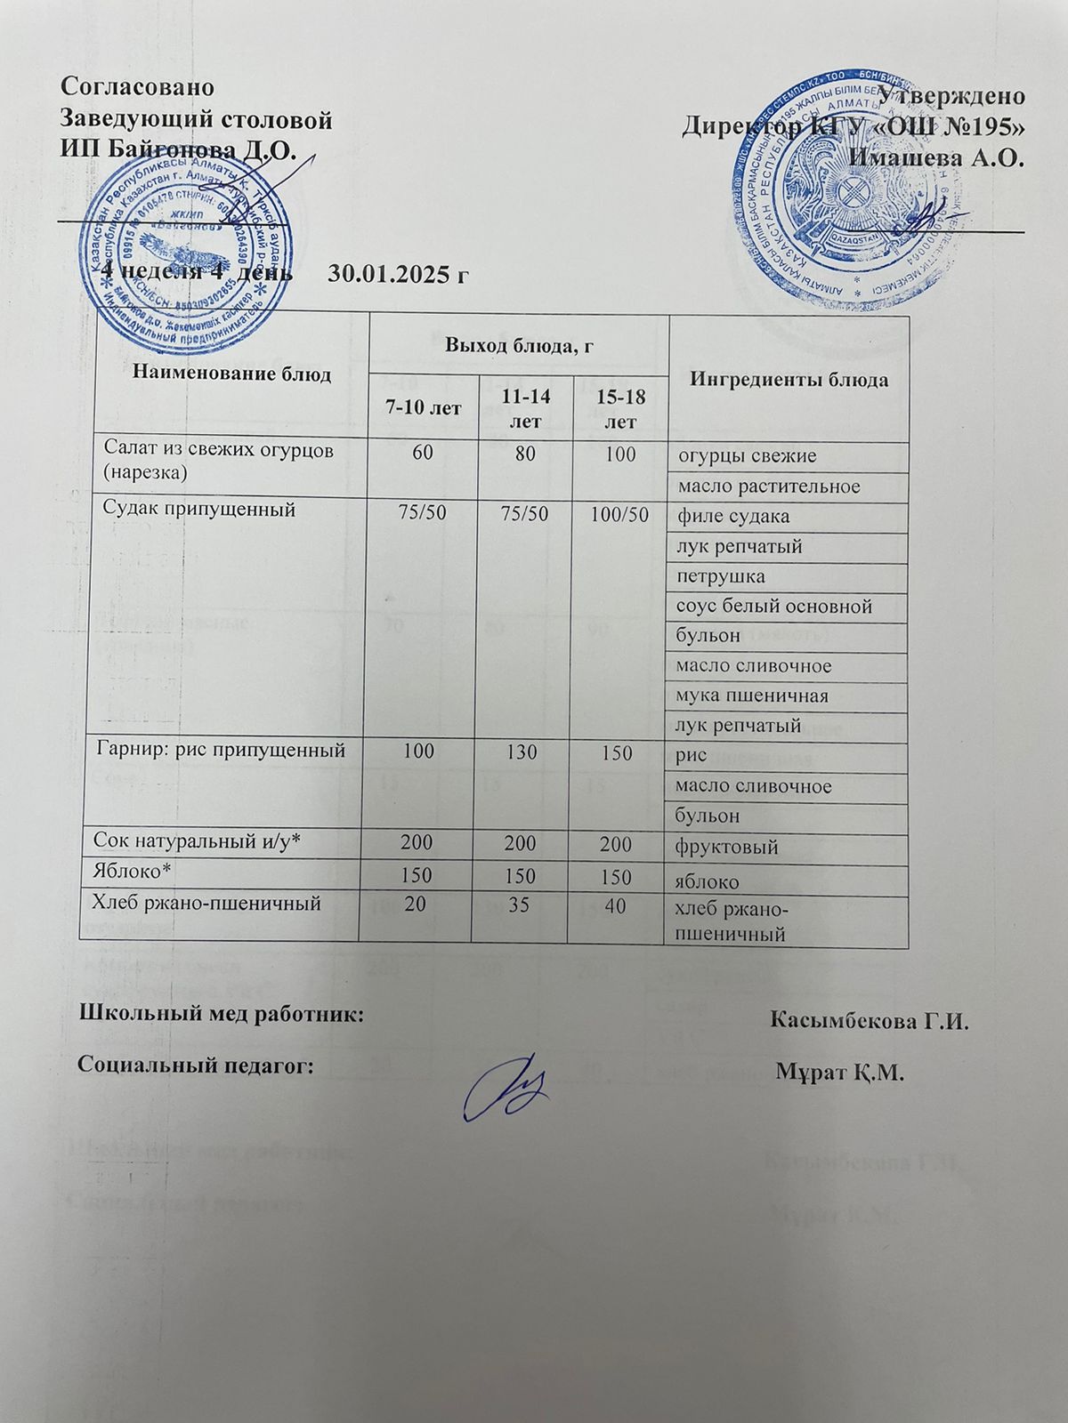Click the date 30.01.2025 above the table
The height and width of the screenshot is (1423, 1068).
point(398,272)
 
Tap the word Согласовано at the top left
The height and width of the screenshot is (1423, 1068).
point(136,87)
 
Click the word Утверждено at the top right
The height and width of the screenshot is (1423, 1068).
point(951,96)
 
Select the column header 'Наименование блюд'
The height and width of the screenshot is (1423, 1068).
point(231,374)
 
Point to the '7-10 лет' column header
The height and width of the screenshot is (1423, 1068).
point(423,409)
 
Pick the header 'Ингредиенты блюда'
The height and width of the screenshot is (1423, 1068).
point(789,380)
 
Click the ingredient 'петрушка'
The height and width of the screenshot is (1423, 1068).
point(721,576)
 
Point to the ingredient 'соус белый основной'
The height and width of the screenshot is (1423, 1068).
point(774,607)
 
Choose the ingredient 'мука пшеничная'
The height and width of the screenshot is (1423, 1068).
point(752,695)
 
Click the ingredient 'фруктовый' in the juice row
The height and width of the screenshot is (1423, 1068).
point(727,847)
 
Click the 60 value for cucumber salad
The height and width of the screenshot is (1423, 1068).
point(424,454)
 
